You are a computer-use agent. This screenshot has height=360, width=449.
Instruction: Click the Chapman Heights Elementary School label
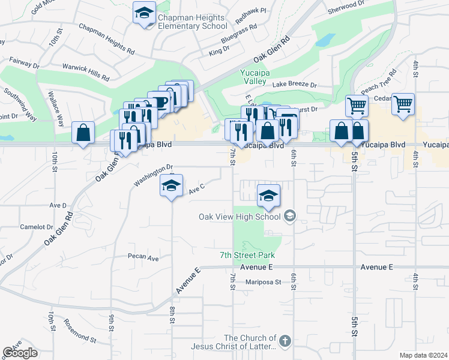192,22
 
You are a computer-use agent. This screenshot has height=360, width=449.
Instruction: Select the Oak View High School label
241,217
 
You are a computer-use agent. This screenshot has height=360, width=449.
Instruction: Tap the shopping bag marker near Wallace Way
83,133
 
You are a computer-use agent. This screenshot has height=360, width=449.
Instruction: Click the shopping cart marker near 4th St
403,104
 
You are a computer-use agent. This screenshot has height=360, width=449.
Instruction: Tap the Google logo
20,353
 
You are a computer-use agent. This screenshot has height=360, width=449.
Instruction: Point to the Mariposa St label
263,282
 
